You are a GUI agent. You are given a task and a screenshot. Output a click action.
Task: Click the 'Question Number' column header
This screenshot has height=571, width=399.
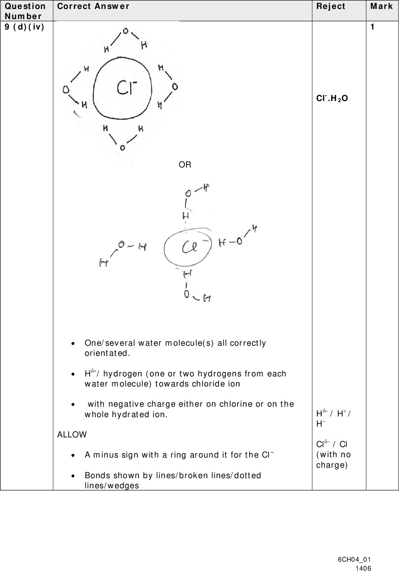(25, 11)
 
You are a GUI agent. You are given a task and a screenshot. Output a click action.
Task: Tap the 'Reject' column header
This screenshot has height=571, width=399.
(330, 6)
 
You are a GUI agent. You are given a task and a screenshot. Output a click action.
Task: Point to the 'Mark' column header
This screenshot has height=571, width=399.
(382, 6)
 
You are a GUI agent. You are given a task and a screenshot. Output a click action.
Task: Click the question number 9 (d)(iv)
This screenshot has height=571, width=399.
(24, 27)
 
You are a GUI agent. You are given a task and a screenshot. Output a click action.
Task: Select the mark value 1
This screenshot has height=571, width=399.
(373, 27)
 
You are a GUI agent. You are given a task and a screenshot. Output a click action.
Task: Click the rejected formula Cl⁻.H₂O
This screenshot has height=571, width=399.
(332, 98)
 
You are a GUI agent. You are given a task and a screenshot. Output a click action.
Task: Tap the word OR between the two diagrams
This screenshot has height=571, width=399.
(185, 165)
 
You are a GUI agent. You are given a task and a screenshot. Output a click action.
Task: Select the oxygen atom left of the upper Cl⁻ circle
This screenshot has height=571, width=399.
(66, 90)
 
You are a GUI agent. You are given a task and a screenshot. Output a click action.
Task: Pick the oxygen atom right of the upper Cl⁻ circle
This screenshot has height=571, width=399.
(175, 86)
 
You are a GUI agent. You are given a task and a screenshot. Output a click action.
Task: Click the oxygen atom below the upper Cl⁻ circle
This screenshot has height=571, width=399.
(122, 148)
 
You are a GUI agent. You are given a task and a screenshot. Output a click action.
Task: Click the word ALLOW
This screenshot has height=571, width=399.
(72, 434)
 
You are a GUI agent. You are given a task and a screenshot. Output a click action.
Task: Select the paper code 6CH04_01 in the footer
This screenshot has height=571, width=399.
(354, 559)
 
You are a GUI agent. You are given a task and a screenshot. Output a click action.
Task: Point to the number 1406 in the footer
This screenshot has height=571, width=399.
(364, 568)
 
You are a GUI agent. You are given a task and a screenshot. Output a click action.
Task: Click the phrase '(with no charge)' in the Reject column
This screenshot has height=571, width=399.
(333, 460)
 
